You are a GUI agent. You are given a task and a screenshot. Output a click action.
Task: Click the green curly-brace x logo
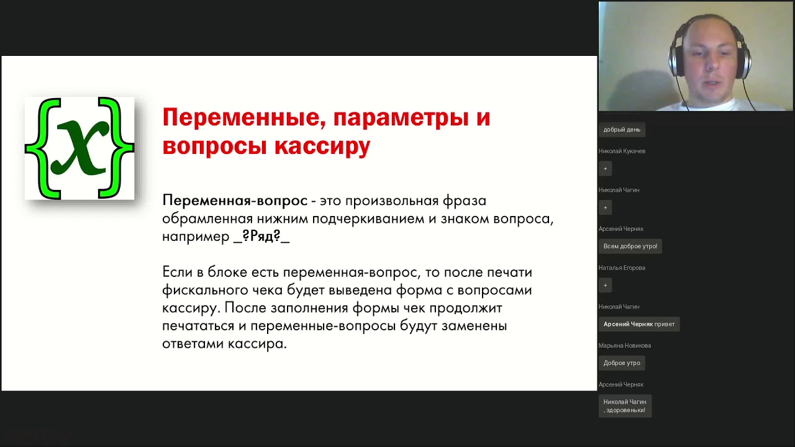click(79, 148)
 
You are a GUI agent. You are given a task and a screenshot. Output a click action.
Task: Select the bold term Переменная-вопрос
click(235, 201)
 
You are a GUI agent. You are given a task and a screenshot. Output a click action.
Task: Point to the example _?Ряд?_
click(261, 237)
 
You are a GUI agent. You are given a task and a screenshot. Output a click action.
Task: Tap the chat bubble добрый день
click(622, 130)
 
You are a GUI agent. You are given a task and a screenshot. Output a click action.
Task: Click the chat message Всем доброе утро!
click(630, 246)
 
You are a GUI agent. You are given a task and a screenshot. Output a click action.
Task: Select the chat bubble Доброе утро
click(622, 363)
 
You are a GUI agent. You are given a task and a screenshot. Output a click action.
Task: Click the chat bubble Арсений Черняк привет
click(638, 324)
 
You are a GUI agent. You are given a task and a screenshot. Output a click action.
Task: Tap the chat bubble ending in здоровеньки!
click(625, 406)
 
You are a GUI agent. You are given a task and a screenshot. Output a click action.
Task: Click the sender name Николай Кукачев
click(622, 151)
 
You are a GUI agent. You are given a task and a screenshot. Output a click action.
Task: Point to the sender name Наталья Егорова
click(622, 268)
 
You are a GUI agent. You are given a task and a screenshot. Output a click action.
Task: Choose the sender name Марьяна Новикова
click(625, 345)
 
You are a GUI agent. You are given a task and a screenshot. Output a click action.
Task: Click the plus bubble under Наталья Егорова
click(606, 286)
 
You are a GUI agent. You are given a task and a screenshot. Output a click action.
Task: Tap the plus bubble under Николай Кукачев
click(606, 169)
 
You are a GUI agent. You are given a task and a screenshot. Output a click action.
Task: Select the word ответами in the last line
click(192, 344)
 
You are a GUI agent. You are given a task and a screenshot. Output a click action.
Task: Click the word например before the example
click(196, 237)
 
